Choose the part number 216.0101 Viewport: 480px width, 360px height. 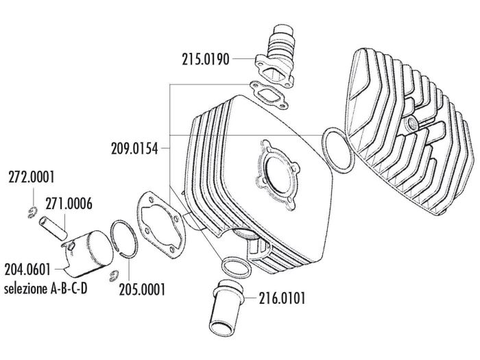coord(283,298)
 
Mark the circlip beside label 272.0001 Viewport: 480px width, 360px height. coord(32,213)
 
